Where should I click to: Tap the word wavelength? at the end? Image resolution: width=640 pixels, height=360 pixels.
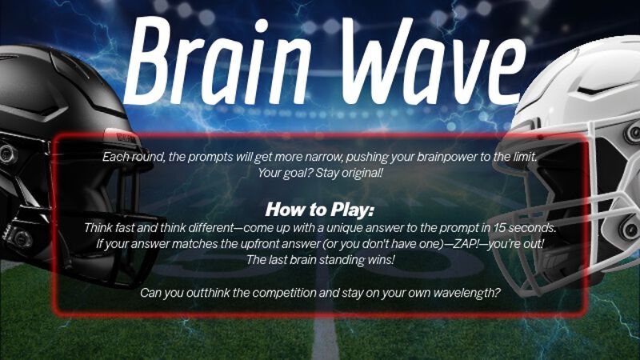point(466,294)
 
